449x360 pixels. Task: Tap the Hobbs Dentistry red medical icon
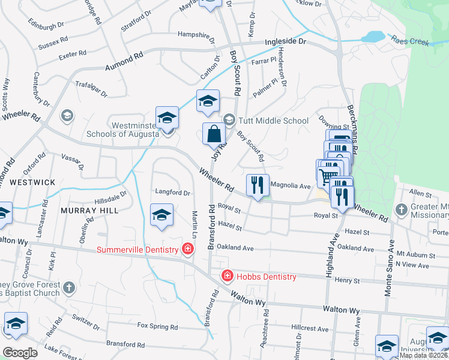coord(228,277)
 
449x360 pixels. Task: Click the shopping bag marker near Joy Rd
coord(214,134)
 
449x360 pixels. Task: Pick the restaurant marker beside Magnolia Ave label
coord(258,185)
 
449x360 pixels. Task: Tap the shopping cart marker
coord(327,176)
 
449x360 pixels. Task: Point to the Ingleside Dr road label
coord(286,43)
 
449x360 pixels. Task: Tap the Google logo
coord(19,352)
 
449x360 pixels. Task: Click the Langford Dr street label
coord(173,193)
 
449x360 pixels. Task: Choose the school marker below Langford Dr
coord(161,215)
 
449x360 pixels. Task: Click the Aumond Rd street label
coord(124,62)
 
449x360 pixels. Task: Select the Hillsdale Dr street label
coord(110,198)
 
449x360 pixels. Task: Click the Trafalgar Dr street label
coord(91,90)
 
